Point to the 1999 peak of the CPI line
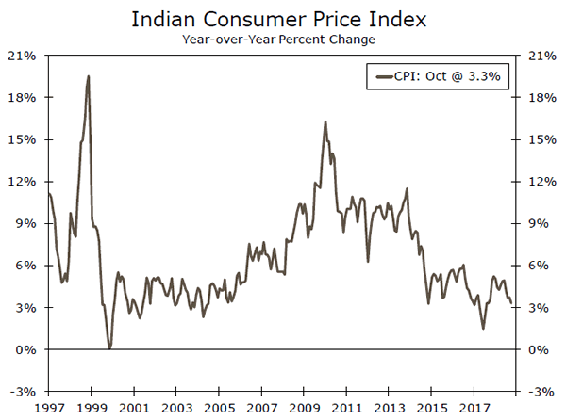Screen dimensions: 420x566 click(x=89, y=76)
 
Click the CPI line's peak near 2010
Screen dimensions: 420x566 click(x=325, y=121)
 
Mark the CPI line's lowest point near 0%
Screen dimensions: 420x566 click(x=109, y=348)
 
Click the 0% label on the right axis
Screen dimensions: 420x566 click(x=537, y=350)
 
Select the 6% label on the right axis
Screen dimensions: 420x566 click(x=537, y=266)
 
